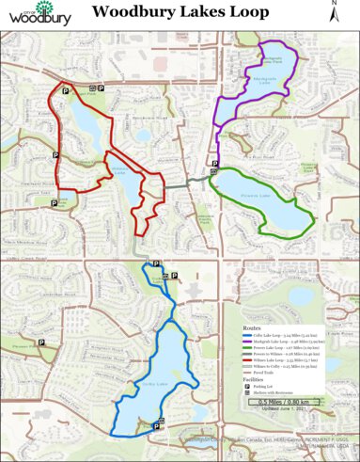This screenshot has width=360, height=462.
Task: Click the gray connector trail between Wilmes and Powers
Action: (193, 177)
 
